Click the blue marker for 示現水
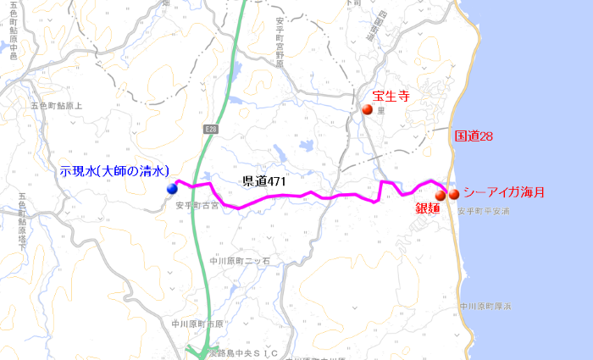pos(172,188)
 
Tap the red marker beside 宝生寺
pos(367,109)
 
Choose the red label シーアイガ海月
pos(503,193)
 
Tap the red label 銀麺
pos(427,208)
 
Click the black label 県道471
pos(263,181)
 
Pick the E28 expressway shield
pos(211,129)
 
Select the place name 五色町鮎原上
pos(56,106)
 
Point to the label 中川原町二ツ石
pos(239,261)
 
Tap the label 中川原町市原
pos(197,324)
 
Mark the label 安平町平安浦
pos(484,211)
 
